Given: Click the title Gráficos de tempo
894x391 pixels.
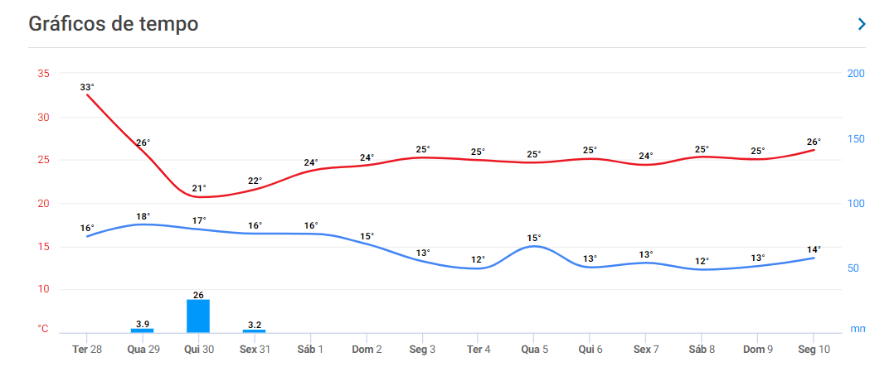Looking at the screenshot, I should (x=114, y=24).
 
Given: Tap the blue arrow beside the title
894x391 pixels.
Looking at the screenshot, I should (x=862, y=24).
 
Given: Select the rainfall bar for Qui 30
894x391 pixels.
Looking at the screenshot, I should (x=198, y=316).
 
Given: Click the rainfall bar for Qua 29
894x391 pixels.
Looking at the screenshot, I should (x=142, y=331).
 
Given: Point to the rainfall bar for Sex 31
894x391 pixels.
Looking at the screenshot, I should (x=255, y=331).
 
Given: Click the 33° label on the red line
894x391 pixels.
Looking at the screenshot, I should (x=87, y=87).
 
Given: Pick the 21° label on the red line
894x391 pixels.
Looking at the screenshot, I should (x=199, y=188).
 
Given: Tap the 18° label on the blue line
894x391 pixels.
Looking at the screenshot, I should (x=143, y=216).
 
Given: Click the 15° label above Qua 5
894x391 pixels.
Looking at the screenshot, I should (x=533, y=238).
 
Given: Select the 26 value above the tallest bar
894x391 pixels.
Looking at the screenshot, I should (x=198, y=294).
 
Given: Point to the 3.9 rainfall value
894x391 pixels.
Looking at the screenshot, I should (x=142, y=323).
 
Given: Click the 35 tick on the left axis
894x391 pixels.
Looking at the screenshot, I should (x=43, y=74).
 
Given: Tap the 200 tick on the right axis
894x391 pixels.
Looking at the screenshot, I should (x=856, y=74).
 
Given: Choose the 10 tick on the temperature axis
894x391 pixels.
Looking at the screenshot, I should (x=43, y=289).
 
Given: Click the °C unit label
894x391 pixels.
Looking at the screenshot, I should (x=43, y=329).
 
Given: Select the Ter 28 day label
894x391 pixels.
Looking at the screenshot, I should (x=86, y=350).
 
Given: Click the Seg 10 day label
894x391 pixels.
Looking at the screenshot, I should (x=813, y=350).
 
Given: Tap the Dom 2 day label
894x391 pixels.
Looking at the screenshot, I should (x=367, y=350).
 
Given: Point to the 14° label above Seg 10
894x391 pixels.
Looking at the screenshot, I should (x=814, y=249).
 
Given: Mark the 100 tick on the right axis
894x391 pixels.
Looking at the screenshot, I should (x=856, y=204).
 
